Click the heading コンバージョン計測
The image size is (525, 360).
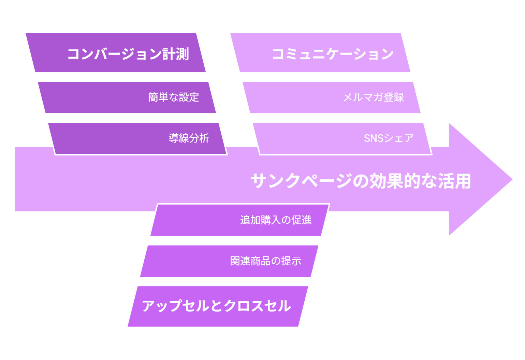(x=128, y=54)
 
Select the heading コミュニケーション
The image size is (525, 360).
(x=333, y=54)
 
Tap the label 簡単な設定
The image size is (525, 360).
(x=173, y=97)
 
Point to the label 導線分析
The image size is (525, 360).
(x=189, y=138)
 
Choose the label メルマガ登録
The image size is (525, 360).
(x=373, y=97)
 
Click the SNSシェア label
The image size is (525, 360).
(x=389, y=138)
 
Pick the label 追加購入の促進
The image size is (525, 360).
(x=276, y=220)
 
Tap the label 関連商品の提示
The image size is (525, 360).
(x=265, y=261)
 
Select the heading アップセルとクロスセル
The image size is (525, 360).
(x=216, y=306)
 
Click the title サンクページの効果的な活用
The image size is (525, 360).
(x=361, y=181)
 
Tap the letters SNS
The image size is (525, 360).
(x=374, y=138)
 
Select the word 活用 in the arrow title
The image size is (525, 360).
(x=454, y=181)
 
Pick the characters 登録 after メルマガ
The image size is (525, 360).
(x=394, y=97)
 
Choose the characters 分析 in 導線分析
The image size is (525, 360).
(x=199, y=138)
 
